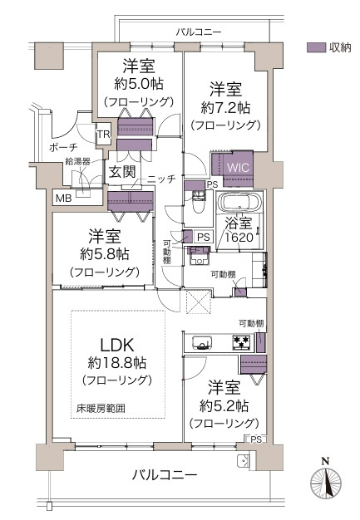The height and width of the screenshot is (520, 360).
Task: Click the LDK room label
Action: (116, 344)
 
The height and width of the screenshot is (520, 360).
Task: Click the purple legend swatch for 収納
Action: (316, 47)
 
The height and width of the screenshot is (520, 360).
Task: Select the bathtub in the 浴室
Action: (239, 204)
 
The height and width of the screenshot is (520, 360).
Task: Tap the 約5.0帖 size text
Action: (138, 83)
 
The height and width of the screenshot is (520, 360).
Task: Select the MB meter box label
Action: (63, 199)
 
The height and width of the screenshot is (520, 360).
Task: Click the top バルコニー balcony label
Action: (199, 32)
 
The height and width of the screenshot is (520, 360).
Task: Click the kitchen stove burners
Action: (240, 341)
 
